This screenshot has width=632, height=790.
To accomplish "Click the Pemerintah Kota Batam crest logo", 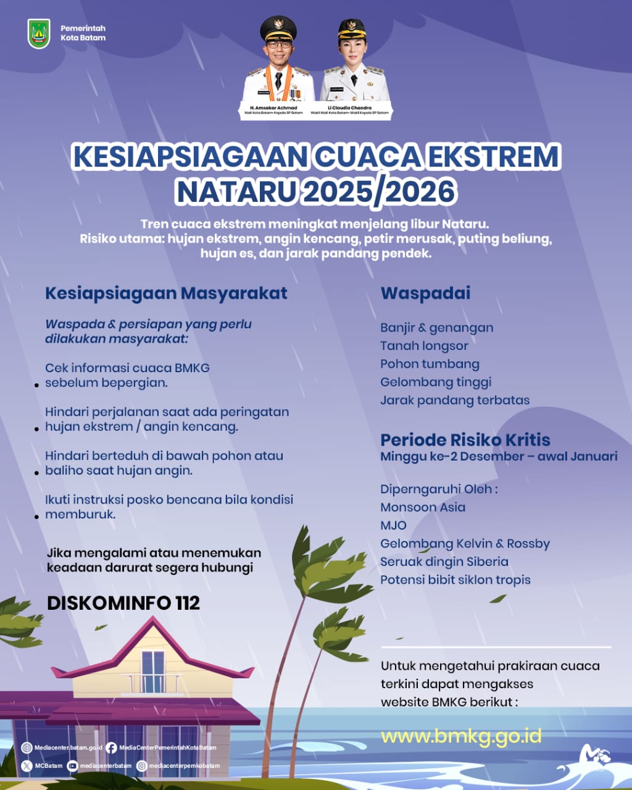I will click(39, 33).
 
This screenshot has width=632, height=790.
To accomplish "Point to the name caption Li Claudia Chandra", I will click(349, 107).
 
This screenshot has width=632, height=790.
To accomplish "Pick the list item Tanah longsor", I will click(424, 346).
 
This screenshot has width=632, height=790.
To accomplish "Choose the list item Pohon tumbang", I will click(430, 364).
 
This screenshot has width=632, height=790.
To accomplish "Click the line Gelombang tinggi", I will click(436, 382).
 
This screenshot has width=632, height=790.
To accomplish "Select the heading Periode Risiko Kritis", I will click(465, 439).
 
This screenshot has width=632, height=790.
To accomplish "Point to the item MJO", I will click(393, 525).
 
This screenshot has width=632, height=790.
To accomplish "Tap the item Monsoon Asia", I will click(423, 507).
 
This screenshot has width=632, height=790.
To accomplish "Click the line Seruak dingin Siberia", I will click(444, 562).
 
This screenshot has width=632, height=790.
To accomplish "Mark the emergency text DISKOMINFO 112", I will click(123, 603).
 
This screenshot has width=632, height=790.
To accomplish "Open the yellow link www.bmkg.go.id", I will click(461, 736).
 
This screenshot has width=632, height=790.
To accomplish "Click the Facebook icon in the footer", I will click(111, 748).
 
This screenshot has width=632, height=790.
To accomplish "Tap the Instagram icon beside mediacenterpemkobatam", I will click(141, 766).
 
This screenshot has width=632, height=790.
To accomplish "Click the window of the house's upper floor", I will click(152, 671).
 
